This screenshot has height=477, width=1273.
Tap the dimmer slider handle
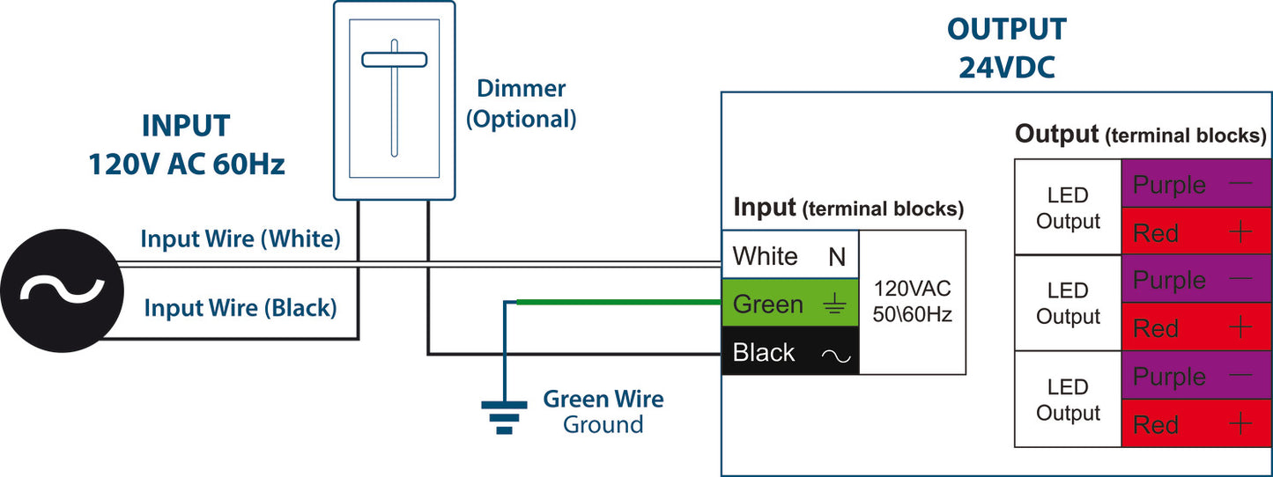(x=394, y=60)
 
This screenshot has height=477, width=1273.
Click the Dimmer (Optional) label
(x=521, y=103)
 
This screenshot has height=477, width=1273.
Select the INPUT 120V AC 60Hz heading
(x=186, y=145)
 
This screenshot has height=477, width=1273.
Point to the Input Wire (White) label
(x=241, y=238)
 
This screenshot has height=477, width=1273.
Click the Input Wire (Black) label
(x=241, y=308)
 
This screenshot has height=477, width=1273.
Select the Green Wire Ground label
(x=603, y=411)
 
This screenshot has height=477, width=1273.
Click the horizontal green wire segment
(x=617, y=303)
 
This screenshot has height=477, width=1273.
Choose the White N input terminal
(x=790, y=256)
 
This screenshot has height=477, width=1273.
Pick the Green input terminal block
(x=790, y=305)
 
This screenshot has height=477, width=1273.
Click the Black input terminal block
(x=790, y=352)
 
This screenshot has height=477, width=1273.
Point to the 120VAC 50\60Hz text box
(x=913, y=301)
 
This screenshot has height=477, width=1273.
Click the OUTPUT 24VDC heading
(x=1006, y=48)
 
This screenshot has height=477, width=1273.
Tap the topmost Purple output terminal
(x=1195, y=185)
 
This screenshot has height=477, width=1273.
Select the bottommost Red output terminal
(x=1195, y=424)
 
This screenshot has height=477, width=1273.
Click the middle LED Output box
(x=1068, y=304)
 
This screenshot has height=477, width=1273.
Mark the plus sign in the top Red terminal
(x=1240, y=232)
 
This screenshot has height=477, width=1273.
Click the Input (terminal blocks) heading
(x=848, y=209)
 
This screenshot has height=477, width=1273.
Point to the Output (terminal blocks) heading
(x=1140, y=135)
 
